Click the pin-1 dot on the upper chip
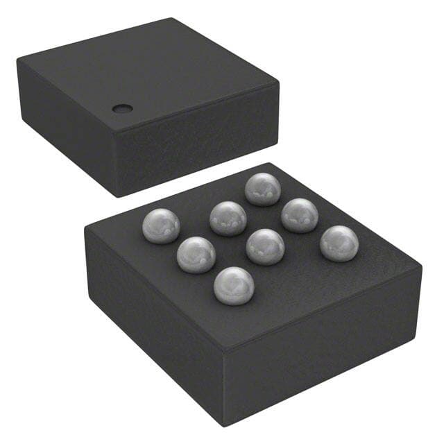pyautogui.click(x=123, y=108)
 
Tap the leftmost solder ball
pyautogui.click(x=161, y=225)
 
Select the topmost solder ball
pyautogui.click(x=262, y=189)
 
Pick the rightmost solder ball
pyautogui.click(x=339, y=243)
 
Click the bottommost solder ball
pyautogui.click(x=234, y=285)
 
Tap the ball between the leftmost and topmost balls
pyautogui.click(x=228, y=218)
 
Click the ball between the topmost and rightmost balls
pyautogui.click(x=300, y=215)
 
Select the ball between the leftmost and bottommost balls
pyautogui.click(x=196, y=254)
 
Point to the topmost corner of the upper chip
pyautogui.click(x=171, y=19)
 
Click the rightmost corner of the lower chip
pyautogui.click(x=421, y=267)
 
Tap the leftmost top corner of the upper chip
pyautogui.click(x=17, y=61)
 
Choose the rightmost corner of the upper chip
pyautogui.click(x=279, y=83)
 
